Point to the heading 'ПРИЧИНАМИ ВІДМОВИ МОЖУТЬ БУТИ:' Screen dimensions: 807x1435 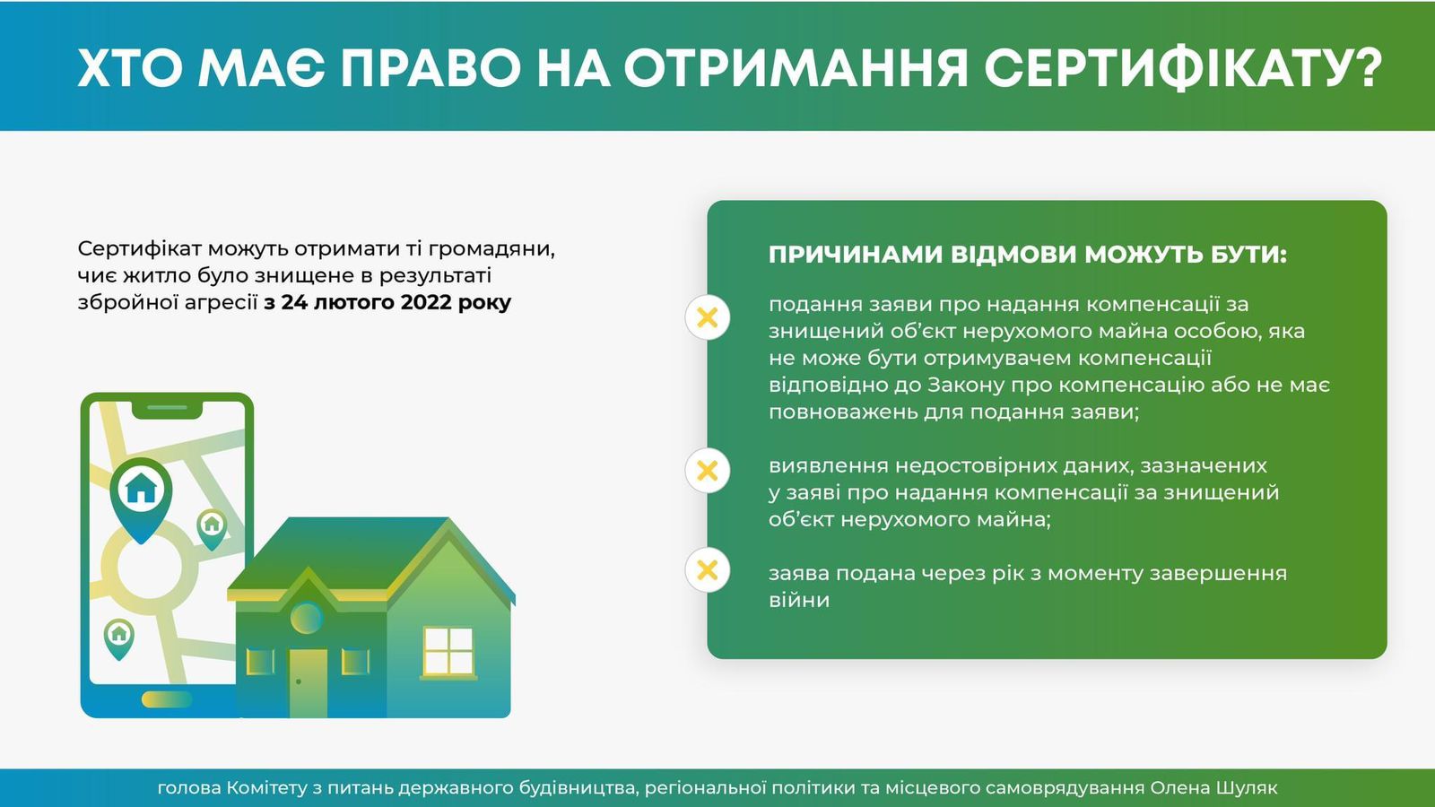[x=1027, y=255]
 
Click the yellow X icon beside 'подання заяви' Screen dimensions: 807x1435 [x=708, y=317]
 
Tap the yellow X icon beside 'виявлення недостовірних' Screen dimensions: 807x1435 [x=708, y=470]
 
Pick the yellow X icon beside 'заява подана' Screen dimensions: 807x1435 [x=708, y=569]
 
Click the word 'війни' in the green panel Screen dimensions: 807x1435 [x=798, y=600]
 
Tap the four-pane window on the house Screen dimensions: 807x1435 [x=448, y=651]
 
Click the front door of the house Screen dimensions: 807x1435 [x=308, y=681]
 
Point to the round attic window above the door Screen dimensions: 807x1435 [x=307, y=617]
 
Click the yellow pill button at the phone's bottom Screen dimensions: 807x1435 [x=167, y=699]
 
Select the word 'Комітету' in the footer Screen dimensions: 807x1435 [x=267, y=788]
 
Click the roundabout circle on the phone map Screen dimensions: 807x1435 [x=143, y=567]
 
